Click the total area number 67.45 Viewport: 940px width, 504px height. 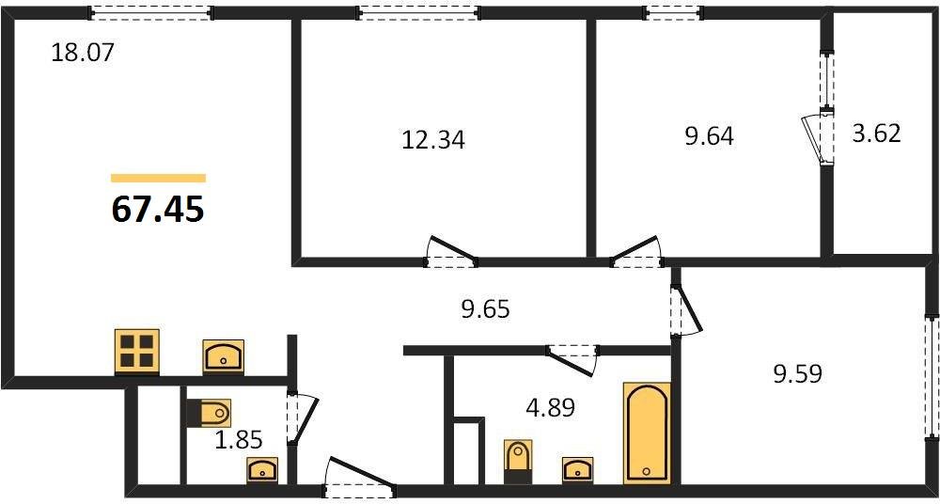pos(157,209)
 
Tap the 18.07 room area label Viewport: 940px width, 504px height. pos(83,52)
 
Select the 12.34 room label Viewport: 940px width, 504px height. pos(433,141)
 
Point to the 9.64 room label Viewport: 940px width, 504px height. pos(709,136)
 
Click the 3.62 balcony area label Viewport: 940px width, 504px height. pos(876,133)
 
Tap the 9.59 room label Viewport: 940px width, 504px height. pos(797,374)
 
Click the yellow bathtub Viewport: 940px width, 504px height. pos(647,433)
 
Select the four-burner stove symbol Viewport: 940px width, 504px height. pos(137,352)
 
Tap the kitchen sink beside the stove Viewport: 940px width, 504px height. pos(224,356)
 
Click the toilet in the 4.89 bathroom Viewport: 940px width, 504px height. pos(518,460)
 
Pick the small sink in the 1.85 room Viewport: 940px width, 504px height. pos(261,469)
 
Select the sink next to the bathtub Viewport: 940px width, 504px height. pos(576,468)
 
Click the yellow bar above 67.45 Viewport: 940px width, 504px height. pos(158,178)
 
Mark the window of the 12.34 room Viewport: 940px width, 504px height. pos(419,12)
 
